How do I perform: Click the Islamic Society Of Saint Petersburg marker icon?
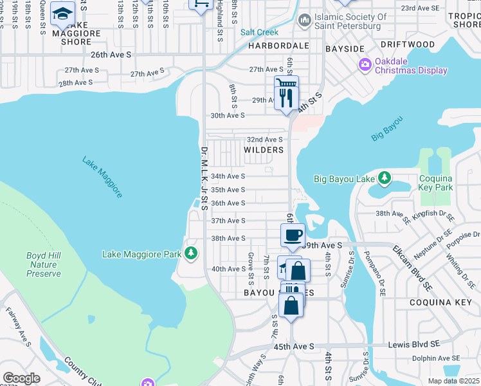click(304, 22)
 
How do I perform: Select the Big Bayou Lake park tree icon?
click(384, 177)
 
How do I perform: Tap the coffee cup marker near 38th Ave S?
click(293, 235)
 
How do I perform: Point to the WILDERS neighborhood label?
click(264, 150)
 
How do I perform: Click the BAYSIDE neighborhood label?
click(345, 49)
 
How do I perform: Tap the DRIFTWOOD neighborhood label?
click(407, 44)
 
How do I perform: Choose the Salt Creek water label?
click(260, 32)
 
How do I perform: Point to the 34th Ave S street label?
click(228, 176)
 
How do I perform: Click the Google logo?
click(22, 378)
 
